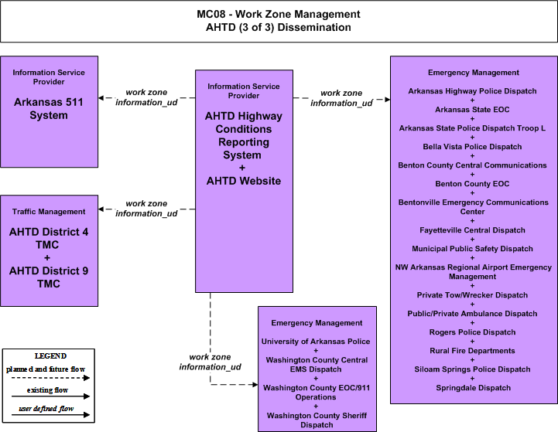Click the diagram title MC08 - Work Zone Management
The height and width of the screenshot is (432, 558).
point(279,14)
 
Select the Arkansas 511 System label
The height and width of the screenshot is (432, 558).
point(49,109)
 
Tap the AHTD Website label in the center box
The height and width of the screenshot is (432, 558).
point(244,181)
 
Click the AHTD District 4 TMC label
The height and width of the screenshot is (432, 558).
point(49,238)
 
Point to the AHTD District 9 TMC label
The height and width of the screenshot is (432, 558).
point(49,277)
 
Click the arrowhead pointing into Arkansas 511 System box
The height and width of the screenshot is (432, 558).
point(101,97)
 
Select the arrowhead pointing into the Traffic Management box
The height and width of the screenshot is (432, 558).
point(101,209)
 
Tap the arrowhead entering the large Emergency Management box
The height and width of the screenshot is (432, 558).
point(388,99)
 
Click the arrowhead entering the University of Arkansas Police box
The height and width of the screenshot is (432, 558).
point(255,384)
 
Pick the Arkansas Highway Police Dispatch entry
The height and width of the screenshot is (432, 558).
point(472,91)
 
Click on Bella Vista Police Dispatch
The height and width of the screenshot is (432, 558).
point(472,147)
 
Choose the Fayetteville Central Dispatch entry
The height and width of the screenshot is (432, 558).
point(472,230)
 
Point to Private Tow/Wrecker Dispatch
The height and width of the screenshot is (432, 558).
point(472,295)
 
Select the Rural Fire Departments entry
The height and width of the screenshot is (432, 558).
point(472,351)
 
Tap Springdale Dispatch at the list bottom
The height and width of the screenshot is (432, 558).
point(474,388)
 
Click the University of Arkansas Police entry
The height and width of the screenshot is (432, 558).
point(316,342)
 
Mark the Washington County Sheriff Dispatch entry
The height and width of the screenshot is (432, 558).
point(317,420)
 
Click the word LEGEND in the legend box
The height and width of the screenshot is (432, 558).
point(50,356)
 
